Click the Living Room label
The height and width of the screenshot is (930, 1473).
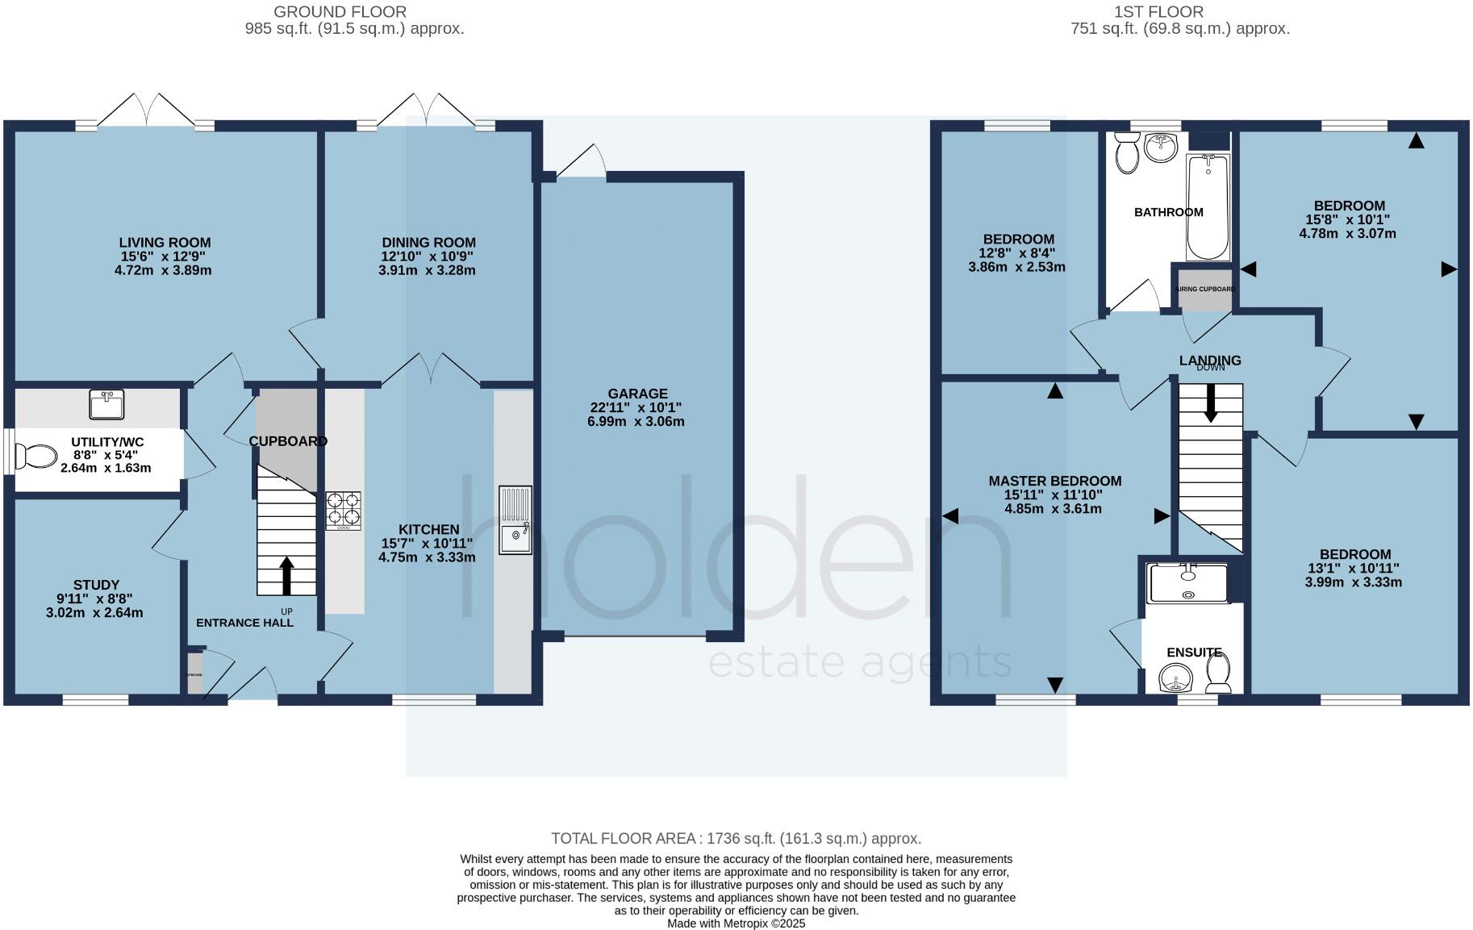165,242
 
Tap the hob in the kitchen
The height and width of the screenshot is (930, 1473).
344,511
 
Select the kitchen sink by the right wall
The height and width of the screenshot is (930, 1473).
515,520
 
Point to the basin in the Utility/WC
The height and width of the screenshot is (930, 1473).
106,404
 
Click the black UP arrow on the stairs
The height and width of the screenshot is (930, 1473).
286,575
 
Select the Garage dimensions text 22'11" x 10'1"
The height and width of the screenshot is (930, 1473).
638,407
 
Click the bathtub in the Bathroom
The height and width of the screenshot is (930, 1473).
1208,207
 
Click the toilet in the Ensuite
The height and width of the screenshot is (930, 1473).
1218,674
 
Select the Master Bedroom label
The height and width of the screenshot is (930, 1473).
1054,481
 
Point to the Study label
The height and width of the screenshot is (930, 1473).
96,585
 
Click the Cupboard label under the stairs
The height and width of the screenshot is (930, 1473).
288,441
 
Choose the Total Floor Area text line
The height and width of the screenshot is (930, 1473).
736,839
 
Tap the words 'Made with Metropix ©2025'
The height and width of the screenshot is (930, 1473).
736,924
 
